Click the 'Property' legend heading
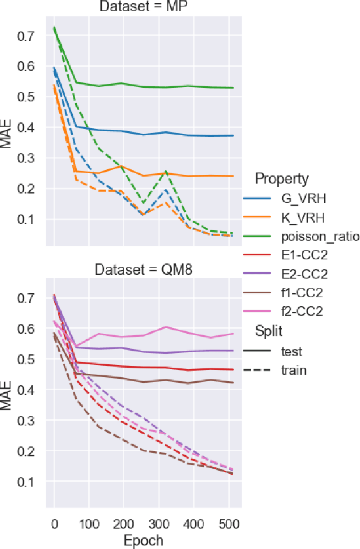point(282,178)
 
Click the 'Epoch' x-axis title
point(143,540)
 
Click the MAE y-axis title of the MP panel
point(8,133)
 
